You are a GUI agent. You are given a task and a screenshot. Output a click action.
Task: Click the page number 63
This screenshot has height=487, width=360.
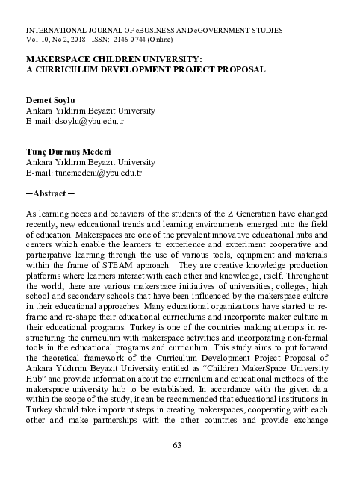tap(178, 446)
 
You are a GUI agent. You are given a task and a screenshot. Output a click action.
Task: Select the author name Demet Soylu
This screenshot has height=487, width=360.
tap(50, 99)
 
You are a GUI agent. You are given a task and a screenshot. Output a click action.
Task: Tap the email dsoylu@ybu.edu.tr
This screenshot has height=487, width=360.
tap(75, 120)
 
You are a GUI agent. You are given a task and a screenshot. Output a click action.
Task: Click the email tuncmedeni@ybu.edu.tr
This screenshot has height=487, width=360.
tap(84, 173)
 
